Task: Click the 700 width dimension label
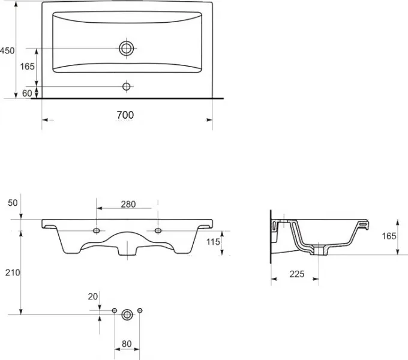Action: [x=125, y=115]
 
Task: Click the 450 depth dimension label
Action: [x=7, y=50]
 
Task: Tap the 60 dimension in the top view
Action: [x=27, y=93]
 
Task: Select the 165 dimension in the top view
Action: [x=28, y=67]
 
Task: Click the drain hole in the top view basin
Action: [x=127, y=49]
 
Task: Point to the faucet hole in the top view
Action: [x=127, y=86]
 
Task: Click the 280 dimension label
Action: [x=128, y=204]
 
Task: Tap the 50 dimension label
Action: [x=13, y=203]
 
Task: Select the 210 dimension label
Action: [x=13, y=272]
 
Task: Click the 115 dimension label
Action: [x=213, y=242]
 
